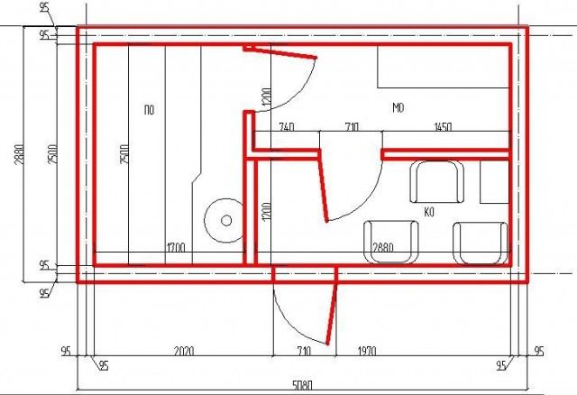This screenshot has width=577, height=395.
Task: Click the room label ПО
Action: click(x=149, y=110)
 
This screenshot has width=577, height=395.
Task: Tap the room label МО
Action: click(x=398, y=107)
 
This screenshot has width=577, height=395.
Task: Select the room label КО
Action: click(x=429, y=212)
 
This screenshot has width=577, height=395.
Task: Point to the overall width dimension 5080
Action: click(x=303, y=386)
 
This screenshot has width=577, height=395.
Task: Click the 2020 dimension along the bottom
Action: click(x=184, y=351)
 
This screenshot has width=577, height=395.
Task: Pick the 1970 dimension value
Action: click(x=367, y=351)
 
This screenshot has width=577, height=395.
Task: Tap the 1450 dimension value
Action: click(x=443, y=127)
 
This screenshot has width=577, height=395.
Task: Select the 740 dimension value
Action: click(x=287, y=127)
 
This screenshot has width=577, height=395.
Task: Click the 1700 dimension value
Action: click(x=176, y=247)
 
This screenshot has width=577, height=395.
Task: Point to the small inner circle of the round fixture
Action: click(x=226, y=221)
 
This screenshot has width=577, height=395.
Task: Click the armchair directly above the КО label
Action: click(x=436, y=181)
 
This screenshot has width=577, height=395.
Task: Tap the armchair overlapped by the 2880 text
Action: click(x=390, y=242)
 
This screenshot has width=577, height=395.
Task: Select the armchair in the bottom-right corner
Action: click(x=481, y=243)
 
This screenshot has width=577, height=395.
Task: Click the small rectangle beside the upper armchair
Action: click(x=495, y=181)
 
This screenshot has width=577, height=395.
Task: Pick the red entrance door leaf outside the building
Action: click(x=332, y=307)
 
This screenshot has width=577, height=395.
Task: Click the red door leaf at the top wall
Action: click(x=280, y=52)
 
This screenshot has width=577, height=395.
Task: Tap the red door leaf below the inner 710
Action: click(x=323, y=186)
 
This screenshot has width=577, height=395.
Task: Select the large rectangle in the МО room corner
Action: click(x=444, y=67)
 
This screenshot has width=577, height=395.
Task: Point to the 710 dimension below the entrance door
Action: click(x=303, y=351)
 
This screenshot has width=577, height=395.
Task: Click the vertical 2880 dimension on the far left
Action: click(x=20, y=153)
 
